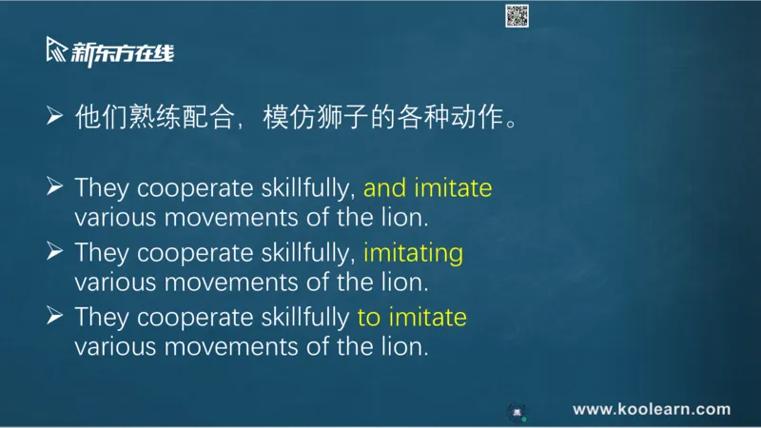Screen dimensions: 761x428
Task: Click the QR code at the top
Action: (517, 16)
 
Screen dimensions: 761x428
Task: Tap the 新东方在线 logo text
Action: (123, 53)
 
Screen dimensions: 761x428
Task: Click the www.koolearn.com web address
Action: (652, 409)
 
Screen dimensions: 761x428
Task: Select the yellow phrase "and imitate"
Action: (427, 187)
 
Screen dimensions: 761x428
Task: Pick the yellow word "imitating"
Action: (413, 253)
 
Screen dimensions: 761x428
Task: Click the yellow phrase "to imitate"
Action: (412, 318)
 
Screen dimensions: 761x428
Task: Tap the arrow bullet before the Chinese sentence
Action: (55, 116)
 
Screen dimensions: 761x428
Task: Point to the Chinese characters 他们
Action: (101, 117)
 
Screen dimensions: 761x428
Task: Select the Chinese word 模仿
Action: (289, 117)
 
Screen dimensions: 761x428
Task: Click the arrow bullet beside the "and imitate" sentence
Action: (55, 186)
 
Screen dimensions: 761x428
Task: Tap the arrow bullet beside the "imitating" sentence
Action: (55, 251)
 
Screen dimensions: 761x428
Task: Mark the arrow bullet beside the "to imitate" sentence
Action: (55, 316)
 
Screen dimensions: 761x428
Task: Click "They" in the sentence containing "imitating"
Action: (102, 253)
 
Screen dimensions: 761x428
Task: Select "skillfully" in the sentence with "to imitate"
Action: (305, 318)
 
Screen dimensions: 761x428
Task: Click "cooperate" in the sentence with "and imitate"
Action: (195, 188)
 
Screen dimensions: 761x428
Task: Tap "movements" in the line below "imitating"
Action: (231, 282)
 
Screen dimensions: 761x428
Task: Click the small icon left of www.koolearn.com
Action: (517, 412)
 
